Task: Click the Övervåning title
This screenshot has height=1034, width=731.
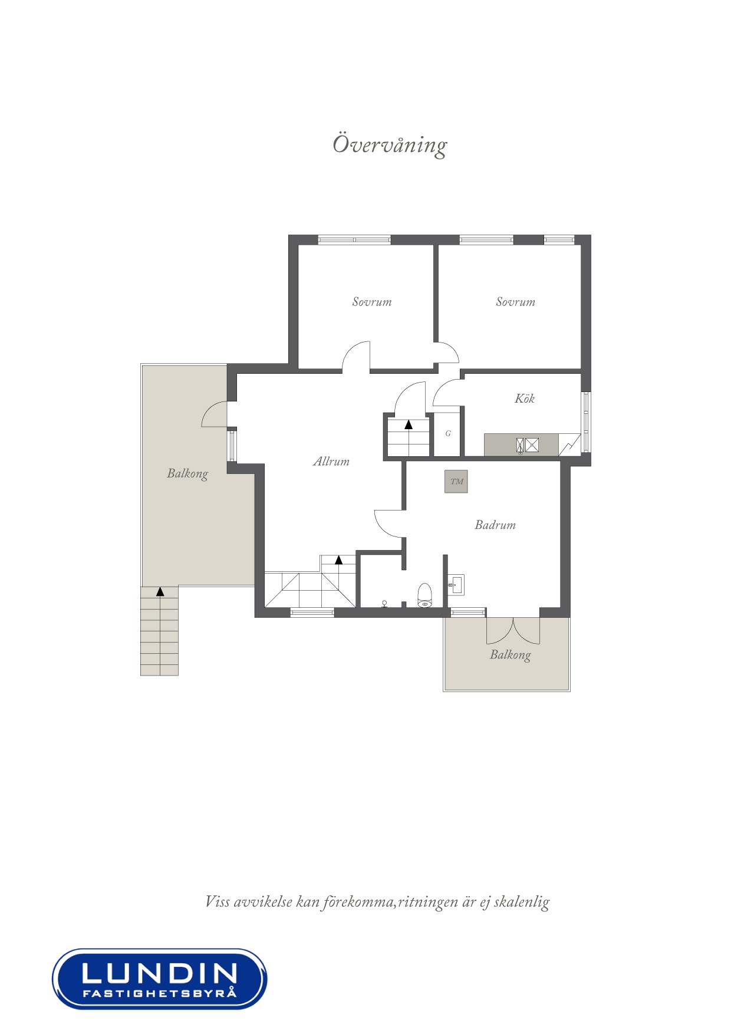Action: click(x=390, y=145)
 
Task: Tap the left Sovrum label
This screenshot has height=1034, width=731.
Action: click(x=371, y=302)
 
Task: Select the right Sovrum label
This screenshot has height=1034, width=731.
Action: click(x=515, y=302)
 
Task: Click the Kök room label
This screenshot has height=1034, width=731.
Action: click(x=524, y=399)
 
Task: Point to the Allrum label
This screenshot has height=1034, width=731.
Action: click(x=331, y=462)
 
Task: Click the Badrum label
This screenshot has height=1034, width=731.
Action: click(x=495, y=525)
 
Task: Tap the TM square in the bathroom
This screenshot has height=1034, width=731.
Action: click(x=456, y=482)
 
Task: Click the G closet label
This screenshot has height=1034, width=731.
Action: click(x=448, y=433)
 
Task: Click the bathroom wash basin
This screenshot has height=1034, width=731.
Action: click(x=456, y=585)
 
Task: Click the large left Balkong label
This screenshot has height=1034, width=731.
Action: click(x=187, y=473)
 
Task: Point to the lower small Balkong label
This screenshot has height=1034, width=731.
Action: click(x=510, y=655)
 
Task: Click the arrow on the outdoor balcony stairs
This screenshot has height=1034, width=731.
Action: click(x=160, y=592)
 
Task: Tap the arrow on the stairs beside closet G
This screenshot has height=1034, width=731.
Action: click(x=409, y=424)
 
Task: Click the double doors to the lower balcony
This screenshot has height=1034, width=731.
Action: click(x=513, y=631)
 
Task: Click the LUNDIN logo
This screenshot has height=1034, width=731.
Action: click(x=159, y=978)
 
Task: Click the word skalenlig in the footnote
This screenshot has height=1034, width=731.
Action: click(x=521, y=901)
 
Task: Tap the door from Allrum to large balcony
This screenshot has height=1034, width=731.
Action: click(x=215, y=414)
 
